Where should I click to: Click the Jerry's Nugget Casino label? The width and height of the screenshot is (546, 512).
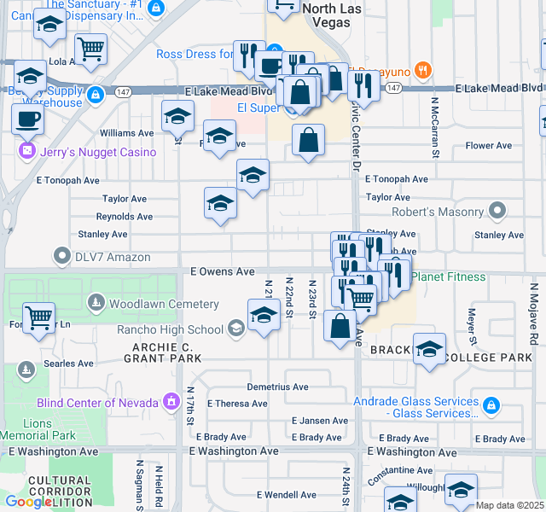click(96, 152)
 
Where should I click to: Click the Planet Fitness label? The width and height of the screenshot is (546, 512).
click(448, 276)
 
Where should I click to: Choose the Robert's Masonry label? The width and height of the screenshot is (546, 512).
click(438, 212)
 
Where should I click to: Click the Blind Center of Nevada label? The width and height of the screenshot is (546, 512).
click(97, 402)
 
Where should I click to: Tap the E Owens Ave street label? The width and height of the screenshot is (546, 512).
click(222, 271)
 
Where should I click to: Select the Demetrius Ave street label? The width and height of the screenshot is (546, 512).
click(278, 387)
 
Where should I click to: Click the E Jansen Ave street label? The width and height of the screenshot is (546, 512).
click(319, 421)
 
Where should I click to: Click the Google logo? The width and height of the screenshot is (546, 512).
click(28, 502)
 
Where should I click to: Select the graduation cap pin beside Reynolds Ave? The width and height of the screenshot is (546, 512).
click(220, 204)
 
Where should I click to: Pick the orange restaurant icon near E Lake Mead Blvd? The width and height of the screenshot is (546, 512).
click(421, 69)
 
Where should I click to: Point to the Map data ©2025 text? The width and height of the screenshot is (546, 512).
click(508, 505)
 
